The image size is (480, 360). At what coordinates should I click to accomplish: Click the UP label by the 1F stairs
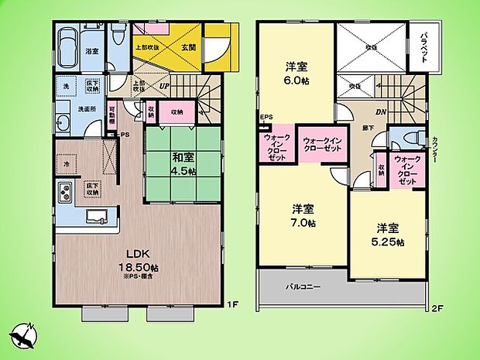pos(164,85)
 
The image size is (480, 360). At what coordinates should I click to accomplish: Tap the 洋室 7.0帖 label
pos(303,214)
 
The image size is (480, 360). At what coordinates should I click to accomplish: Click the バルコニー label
pos(290,287)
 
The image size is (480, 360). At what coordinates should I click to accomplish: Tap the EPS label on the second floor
pos(266,118)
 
